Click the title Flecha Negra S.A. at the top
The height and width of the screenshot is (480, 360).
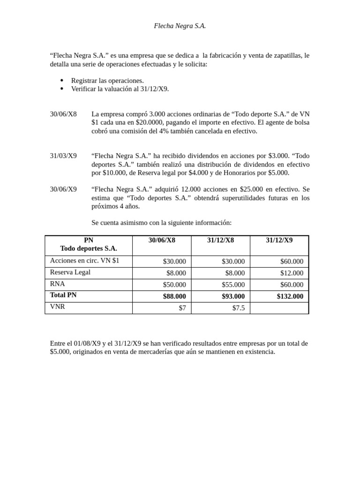(x=180, y=26)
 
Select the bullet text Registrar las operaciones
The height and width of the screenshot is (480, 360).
(x=107, y=80)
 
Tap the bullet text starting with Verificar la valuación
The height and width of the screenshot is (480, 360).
(x=120, y=88)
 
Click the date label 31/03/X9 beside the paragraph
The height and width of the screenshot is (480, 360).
(x=63, y=156)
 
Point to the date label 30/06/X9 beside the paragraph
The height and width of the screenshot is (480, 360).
(x=63, y=189)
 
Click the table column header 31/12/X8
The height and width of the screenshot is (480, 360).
(x=220, y=240)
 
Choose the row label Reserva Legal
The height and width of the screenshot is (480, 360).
(x=70, y=272)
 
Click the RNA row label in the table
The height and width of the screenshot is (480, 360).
(x=58, y=284)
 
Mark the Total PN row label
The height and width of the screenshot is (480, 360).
(x=63, y=295)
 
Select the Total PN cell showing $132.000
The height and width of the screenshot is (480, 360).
(x=290, y=296)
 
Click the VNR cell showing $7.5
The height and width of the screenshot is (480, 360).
(x=238, y=308)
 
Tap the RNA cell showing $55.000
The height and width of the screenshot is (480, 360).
(x=233, y=285)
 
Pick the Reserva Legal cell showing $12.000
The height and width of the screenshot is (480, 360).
(x=292, y=273)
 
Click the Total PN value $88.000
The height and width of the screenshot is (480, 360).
(x=174, y=296)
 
